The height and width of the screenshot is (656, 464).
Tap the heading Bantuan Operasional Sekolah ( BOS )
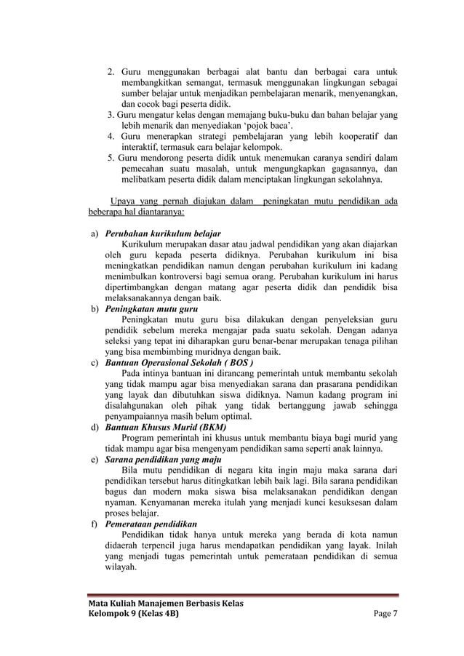180,361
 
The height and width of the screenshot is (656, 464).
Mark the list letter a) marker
95,233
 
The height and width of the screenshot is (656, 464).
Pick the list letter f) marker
95,524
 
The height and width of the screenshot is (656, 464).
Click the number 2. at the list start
111,71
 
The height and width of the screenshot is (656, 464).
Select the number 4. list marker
111,135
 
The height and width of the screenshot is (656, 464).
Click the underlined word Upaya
122,201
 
